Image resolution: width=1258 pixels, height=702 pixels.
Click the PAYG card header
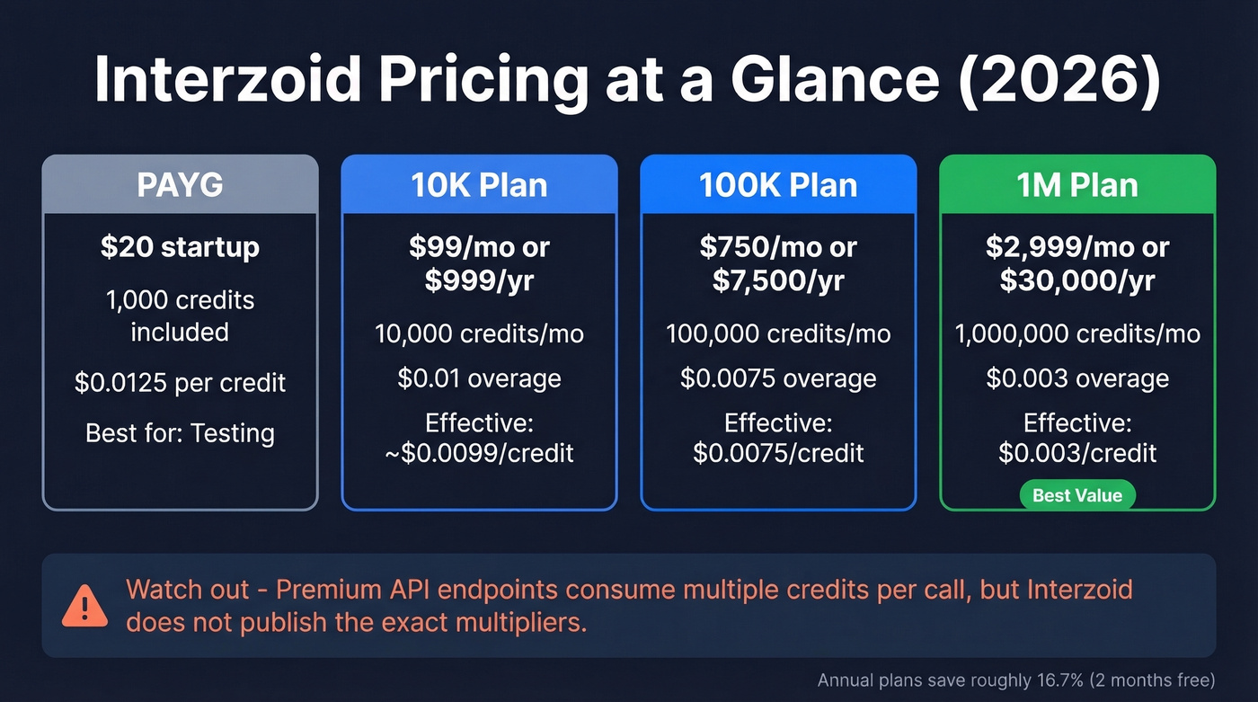pyautogui.click(x=180, y=184)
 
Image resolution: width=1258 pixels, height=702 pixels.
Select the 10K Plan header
pyautogui.click(x=479, y=184)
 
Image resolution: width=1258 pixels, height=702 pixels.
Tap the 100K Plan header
pyautogui.click(x=778, y=184)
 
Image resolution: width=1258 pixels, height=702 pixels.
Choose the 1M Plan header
pyautogui.click(x=1077, y=184)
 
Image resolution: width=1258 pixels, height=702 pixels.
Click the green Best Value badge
pyautogui.click(x=1077, y=495)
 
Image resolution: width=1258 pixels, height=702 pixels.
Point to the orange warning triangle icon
pyautogui.click(x=85, y=606)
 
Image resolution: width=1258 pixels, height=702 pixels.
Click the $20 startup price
pyautogui.click(x=180, y=247)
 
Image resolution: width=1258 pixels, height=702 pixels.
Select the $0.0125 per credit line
pyautogui.click(x=180, y=383)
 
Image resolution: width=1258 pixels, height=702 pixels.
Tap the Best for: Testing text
pyautogui.click(x=180, y=433)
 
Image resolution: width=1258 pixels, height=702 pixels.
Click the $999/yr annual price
pyautogui.click(x=479, y=280)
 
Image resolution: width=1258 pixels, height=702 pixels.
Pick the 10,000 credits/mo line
pyautogui.click(x=479, y=334)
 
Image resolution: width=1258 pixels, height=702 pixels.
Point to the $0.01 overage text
pyautogui.click(x=479, y=378)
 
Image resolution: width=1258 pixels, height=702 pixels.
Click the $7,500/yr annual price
pyautogui.click(x=778, y=280)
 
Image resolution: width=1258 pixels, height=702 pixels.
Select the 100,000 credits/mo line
pyautogui.click(x=778, y=334)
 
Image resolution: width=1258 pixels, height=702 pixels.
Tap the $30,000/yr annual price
pyautogui.click(x=1077, y=280)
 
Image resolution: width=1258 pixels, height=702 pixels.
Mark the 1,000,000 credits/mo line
pyautogui.click(x=1077, y=334)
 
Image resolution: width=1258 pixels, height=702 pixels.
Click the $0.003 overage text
pyautogui.click(x=1077, y=378)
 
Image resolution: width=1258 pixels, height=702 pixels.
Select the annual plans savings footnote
pyautogui.click(x=1015, y=680)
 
